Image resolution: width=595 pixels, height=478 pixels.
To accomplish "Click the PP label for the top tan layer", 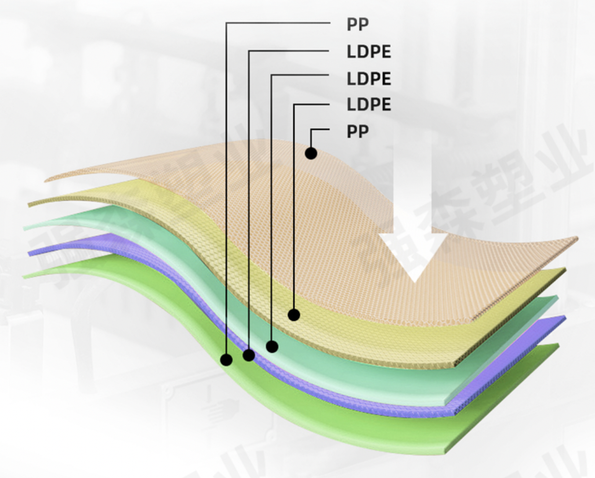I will click(358, 131).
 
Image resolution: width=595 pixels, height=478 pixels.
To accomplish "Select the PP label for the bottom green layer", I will click(358, 25).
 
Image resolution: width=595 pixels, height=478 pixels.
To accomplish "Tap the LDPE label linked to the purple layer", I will click(369, 52).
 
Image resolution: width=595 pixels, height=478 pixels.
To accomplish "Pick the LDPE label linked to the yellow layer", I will click(369, 105).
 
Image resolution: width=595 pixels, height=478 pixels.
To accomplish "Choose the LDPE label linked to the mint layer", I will click(369, 79).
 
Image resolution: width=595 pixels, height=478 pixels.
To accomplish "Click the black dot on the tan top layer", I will click(311, 152).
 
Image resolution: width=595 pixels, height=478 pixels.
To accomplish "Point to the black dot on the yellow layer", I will click(294, 315).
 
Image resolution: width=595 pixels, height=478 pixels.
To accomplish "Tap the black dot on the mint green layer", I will click(271, 346).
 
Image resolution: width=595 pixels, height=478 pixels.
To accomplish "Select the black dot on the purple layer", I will click(249, 355).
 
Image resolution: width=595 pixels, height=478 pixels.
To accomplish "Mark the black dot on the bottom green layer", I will click(227, 358).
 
